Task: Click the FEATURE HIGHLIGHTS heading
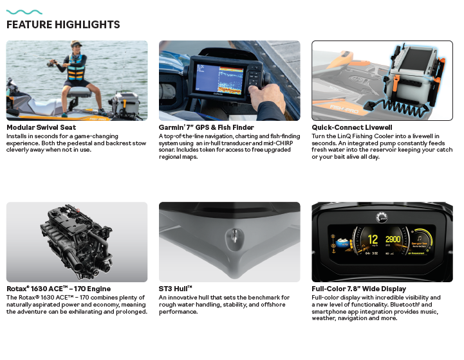(63, 24)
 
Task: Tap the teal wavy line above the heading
(24, 12)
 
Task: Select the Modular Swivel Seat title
(41, 127)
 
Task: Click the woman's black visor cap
(77, 44)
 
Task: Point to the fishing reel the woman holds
(51, 62)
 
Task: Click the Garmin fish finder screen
(219, 78)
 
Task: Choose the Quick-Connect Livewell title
(352, 127)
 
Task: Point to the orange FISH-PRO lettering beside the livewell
(344, 109)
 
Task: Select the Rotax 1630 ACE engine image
(77, 242)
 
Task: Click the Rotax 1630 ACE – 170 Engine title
(59, 289)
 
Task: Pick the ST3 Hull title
(176, 289)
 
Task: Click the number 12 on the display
(373, 239)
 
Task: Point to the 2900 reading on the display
(393, 239)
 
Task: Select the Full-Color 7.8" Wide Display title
(359, 289)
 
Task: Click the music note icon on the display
(420, 239)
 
